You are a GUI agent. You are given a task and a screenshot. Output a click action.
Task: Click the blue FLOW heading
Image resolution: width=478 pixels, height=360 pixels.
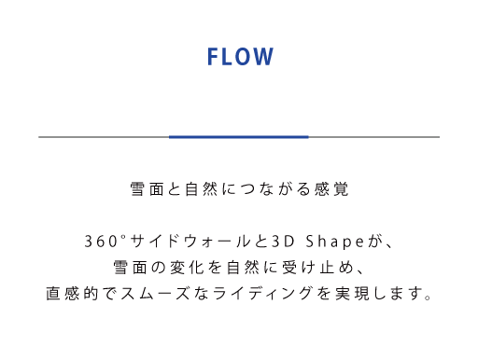coord(240,57)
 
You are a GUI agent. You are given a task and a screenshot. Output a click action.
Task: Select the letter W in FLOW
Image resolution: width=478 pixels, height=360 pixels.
coord(264,57)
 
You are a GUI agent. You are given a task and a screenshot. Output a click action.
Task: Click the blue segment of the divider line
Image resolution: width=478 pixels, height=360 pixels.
coord(239,137)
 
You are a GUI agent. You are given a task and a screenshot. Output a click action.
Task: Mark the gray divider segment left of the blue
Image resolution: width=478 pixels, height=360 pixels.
coord(104,137)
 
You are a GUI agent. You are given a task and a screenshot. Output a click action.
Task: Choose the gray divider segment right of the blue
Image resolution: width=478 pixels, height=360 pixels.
coord(374,137)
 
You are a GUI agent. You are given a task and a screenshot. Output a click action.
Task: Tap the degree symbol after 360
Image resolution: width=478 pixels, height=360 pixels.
coord(123,237)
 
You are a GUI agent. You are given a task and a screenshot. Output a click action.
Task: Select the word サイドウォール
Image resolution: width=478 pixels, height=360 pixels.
coord(190,242)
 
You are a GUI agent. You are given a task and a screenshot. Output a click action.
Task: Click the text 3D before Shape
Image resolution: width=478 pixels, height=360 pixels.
coord(283,242)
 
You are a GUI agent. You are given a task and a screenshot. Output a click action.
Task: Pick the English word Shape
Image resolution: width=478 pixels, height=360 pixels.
coord(334,242)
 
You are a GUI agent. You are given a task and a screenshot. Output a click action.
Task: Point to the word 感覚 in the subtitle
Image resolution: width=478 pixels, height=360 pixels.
coord(331,189)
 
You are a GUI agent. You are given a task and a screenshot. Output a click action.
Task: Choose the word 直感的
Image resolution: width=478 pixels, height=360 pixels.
coord(72,294)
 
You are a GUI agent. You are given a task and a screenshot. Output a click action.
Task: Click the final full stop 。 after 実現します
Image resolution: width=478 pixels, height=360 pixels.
coord(429,298)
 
